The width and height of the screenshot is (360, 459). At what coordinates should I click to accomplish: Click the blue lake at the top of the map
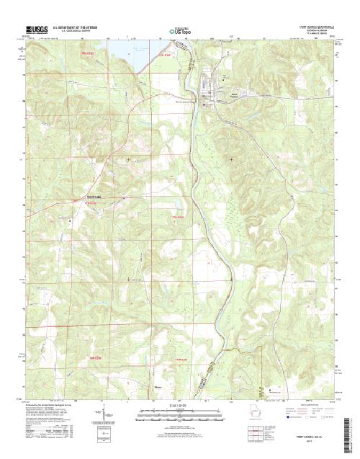pos(126,51)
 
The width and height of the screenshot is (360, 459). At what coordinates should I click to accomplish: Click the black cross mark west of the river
pos(128,159)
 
